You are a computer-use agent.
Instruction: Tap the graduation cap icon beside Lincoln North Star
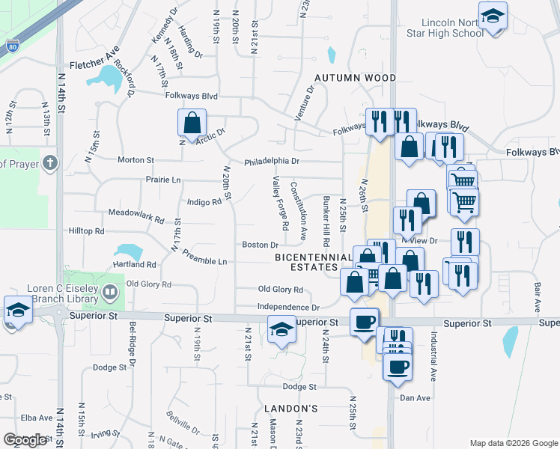pyautogui.click(x=493, y=16)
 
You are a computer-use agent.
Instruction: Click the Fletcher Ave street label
pyautogui.click(x=95, y=66)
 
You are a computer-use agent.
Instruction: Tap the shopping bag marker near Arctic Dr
pyautogui.click(x=192, y=124)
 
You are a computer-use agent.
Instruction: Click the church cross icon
pyautogui.click(x=49, y=162)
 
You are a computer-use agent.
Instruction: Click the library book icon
pyautogui.click(x=110, y=290)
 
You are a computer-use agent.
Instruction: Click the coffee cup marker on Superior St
pyautogui.click(x=365, y=321)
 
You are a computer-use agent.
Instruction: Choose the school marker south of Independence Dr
pyautogui.click(x=281, y=329)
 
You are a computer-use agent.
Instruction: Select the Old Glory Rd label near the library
pyautogui.click(x=149, y=284)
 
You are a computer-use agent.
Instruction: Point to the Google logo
pyautogui.click(x=25, y=439)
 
